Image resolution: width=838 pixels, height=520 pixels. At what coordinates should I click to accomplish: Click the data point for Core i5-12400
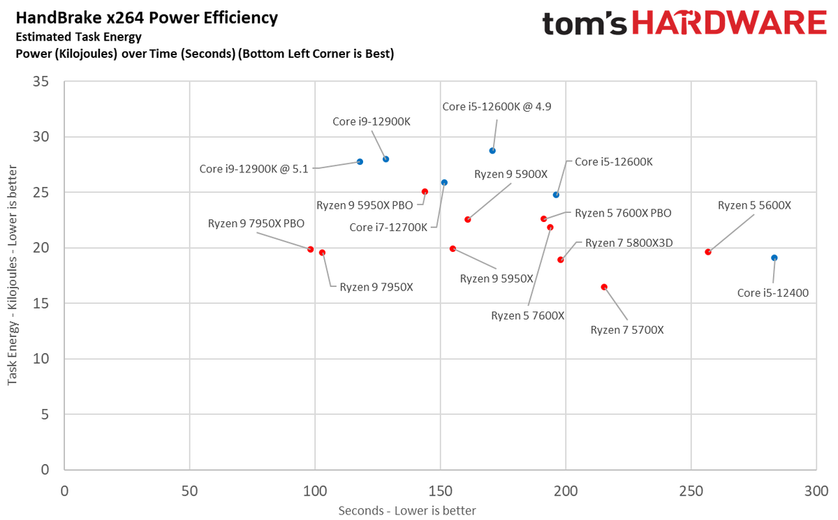coord(774,258)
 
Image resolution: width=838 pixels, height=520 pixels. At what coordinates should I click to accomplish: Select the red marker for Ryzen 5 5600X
coord(708,252)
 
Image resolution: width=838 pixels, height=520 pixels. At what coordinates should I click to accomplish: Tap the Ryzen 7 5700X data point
coord(604,287)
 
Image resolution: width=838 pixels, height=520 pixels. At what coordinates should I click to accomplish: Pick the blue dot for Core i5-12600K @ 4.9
coord(492,151)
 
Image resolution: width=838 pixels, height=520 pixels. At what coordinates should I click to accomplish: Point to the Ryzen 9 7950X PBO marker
coord(311,249)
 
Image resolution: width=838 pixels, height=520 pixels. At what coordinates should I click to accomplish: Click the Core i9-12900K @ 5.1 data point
coord(360,162)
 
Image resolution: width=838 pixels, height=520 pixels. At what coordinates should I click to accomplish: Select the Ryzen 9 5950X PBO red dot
coord(425,191)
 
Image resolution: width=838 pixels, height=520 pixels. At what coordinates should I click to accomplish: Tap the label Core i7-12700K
coord(388,227)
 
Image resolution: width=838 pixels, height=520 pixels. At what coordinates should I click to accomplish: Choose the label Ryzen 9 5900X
coord(510,174)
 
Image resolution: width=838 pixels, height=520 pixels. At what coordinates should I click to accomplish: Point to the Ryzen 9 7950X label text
coord(376,287)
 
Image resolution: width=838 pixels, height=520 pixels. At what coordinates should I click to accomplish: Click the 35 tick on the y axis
coord(41,81)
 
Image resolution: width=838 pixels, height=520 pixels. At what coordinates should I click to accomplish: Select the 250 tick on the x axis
coord(690,491)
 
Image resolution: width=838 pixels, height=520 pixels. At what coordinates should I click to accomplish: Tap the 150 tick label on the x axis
coord(439,491)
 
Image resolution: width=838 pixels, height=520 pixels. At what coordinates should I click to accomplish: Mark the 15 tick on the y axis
coord(41,303)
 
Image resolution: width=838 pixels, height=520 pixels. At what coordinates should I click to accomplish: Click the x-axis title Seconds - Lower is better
coord(407,510)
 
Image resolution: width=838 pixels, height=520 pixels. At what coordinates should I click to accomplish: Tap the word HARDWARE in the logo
coord(722,24)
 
